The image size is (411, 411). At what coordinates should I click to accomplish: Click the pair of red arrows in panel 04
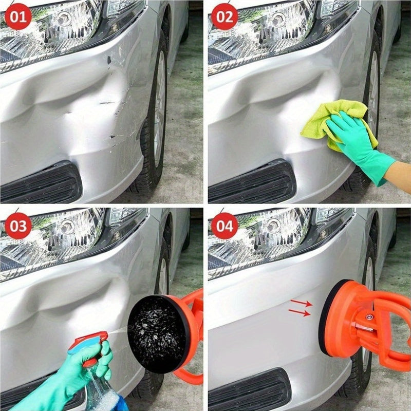point(301,308)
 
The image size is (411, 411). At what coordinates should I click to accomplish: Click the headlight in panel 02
point(267,28)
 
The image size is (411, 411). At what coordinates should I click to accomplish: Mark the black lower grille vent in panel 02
point(252,182)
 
